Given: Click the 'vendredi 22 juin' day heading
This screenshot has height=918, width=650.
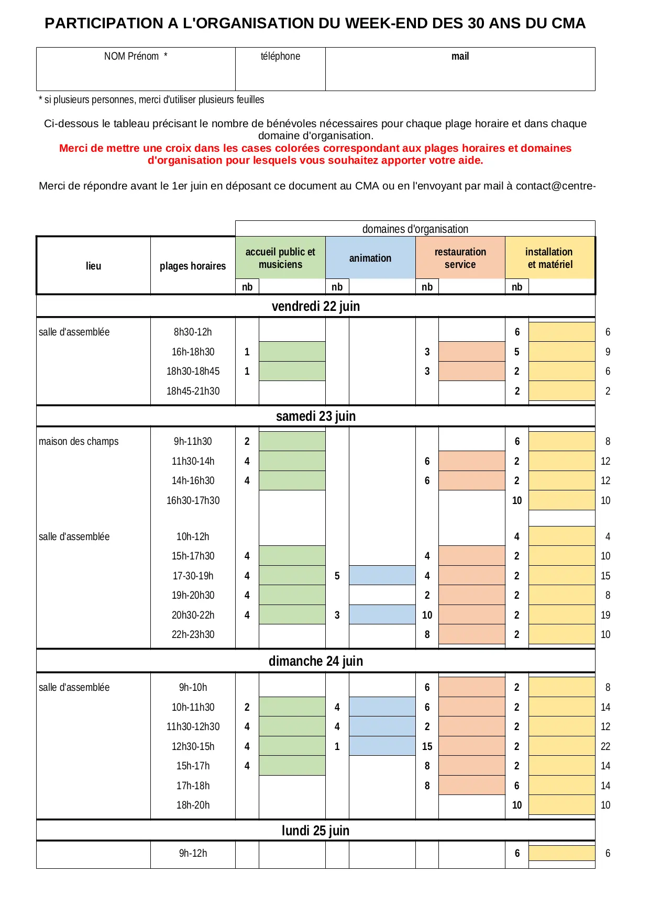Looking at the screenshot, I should coord(315,306).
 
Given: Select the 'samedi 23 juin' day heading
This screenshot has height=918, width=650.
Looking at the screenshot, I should coord(315,416).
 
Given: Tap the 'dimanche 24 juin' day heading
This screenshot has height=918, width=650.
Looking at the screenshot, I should coord(315,661).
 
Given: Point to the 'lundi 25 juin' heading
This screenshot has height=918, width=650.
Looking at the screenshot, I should coord(315,831).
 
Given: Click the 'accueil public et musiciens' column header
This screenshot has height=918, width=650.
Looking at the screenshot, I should coord(280,258).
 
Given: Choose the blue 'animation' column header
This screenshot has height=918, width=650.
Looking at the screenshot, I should coord(370,258).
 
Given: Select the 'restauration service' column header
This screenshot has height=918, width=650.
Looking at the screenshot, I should coord(460,258).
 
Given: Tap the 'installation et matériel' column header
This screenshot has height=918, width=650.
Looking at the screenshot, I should coord(549,258).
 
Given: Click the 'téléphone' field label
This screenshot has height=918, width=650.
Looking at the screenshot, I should coord(280,57).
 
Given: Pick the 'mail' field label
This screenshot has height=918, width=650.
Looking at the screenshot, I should coord(460,57).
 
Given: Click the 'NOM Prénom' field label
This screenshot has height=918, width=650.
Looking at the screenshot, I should coord(135,57).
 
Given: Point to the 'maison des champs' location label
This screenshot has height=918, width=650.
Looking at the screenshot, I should coord(79,441).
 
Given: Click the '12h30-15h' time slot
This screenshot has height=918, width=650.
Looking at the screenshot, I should coord(193,746).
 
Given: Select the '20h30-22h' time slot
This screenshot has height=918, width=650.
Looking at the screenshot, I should coord(193,615).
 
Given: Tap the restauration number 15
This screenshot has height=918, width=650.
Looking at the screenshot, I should coord(427,746).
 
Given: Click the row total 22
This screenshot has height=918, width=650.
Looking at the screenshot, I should coord(605,746).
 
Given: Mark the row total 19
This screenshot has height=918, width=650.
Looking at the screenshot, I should coord(605,615).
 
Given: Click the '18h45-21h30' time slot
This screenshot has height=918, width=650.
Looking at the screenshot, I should coord(193,391).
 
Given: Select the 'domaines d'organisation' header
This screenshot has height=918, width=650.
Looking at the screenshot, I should coord(415,229).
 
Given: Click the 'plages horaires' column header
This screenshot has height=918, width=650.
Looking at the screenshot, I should coord(193,266).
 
